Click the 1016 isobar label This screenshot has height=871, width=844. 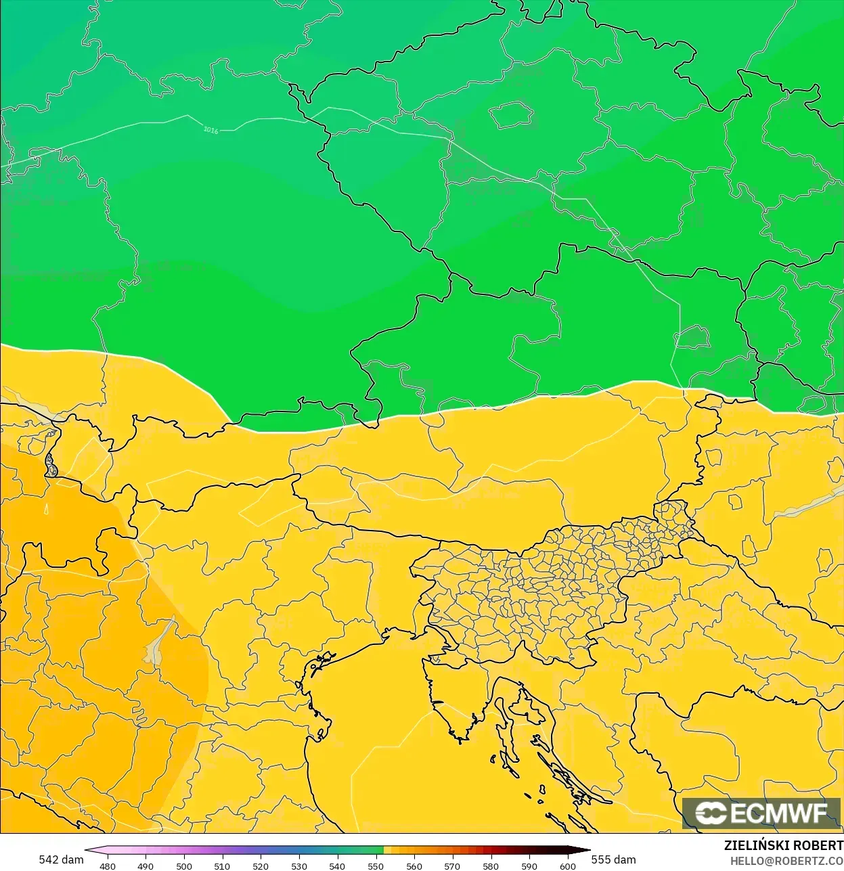point(211,129)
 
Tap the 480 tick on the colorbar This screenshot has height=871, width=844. point(108,866)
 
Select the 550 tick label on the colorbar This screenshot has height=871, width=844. point(376,866)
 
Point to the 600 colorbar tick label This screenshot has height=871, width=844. point(568,866)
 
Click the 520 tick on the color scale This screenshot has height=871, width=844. point(261,866)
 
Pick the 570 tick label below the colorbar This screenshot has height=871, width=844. point(453,866)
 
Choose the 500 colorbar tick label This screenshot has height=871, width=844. point(184,866)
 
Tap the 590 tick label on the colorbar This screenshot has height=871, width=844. point(529,866)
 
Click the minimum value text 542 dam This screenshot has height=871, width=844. point(61,859)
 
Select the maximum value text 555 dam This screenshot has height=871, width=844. point(614,859)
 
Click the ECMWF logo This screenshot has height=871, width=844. point(761,813)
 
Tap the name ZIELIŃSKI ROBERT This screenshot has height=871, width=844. point(784,845)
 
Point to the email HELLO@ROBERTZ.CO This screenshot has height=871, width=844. point(786,861)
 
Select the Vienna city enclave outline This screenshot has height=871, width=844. point(693,336)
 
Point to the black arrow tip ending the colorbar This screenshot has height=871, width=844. point(586,851)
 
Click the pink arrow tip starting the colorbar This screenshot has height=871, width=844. point(89,851)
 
